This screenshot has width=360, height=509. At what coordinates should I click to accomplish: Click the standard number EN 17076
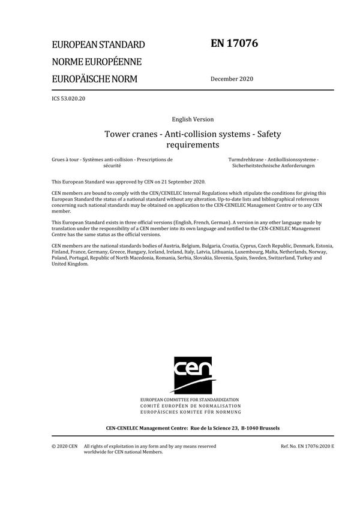(235, 43)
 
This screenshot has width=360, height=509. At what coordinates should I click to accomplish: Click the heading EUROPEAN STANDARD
(98, 45)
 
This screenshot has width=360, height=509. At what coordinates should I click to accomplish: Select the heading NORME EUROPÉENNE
(97, 62)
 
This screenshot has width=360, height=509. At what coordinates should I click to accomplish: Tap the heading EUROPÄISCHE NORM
(94, 79)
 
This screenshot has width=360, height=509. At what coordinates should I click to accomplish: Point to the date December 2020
(232, 79)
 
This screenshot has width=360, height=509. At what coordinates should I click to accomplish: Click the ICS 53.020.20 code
(68, 97)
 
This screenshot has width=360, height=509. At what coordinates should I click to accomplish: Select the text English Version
(193, 119)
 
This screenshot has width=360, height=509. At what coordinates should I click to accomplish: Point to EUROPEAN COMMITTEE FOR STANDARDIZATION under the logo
(190, 399)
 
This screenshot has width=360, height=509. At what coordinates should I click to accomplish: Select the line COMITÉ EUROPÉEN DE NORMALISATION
(190, 406)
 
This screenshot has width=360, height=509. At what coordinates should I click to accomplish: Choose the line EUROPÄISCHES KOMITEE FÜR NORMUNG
(190, 412)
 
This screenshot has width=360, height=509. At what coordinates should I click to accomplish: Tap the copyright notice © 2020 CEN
(64, 446)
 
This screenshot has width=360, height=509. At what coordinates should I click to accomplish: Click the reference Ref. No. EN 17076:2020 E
(307, 446)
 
